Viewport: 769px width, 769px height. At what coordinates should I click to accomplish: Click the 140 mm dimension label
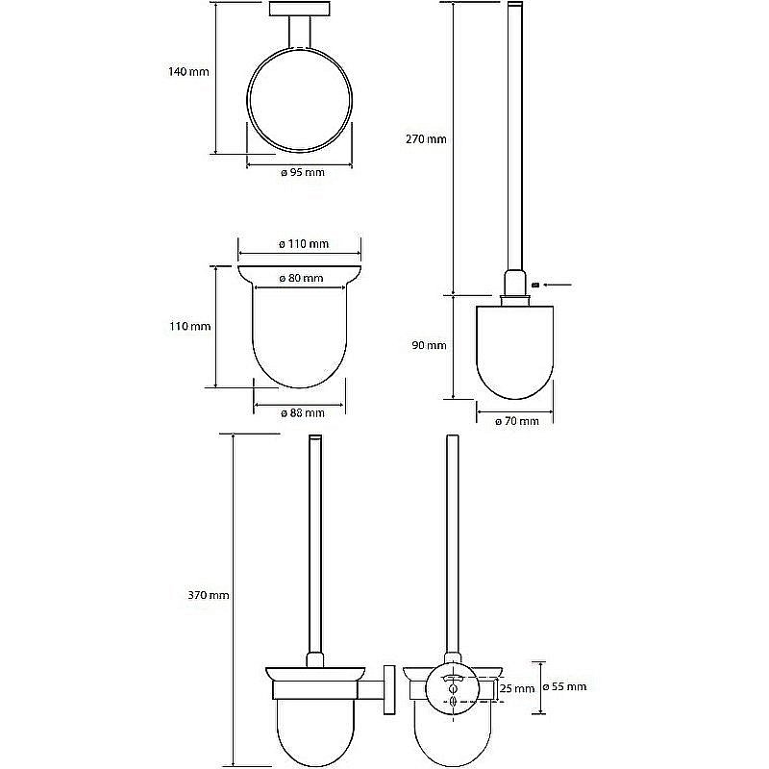(x=188, y=71)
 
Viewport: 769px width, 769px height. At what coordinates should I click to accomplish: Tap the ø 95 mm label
(x=303, y=172)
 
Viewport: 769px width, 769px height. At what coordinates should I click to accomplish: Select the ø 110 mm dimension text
(x=304, y=244)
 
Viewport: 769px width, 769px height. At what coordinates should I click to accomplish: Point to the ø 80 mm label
(x=301, y=278)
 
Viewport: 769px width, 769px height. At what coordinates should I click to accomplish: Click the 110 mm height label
(x=189, y=326)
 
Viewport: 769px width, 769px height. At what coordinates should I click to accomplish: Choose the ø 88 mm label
(x=303, y=413)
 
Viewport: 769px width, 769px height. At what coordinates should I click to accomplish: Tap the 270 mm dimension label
(x=426, y=139)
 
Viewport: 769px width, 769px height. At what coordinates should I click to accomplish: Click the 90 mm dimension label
(x=429, y=345)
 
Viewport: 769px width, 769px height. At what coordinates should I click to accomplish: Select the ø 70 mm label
(x=517, y=421)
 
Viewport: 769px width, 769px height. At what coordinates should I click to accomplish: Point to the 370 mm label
(x=209, y=595)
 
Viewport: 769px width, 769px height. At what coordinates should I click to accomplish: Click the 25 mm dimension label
(x=517, y=688)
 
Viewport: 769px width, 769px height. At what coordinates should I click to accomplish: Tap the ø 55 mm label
(x=564, y=686)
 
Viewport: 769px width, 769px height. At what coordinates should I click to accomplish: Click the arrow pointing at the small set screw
(x=558, y=285)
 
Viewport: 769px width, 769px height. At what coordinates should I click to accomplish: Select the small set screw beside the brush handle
(x=535, y=285)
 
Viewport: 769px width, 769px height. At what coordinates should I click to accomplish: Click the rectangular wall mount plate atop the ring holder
(x=299, y=9)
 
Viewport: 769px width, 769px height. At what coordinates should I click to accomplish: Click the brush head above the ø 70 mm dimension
(x=515, y=352)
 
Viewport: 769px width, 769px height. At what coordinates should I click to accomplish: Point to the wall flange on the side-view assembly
(x=389, y=690)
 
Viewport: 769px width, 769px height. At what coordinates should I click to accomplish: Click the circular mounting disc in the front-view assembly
(x=452, y=690)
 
